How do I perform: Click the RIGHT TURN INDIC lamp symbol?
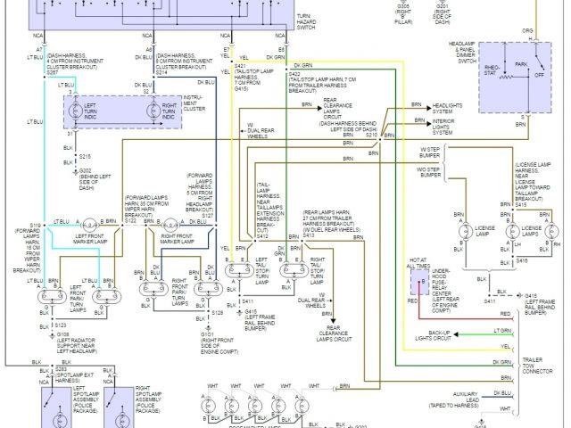point(163,112)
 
